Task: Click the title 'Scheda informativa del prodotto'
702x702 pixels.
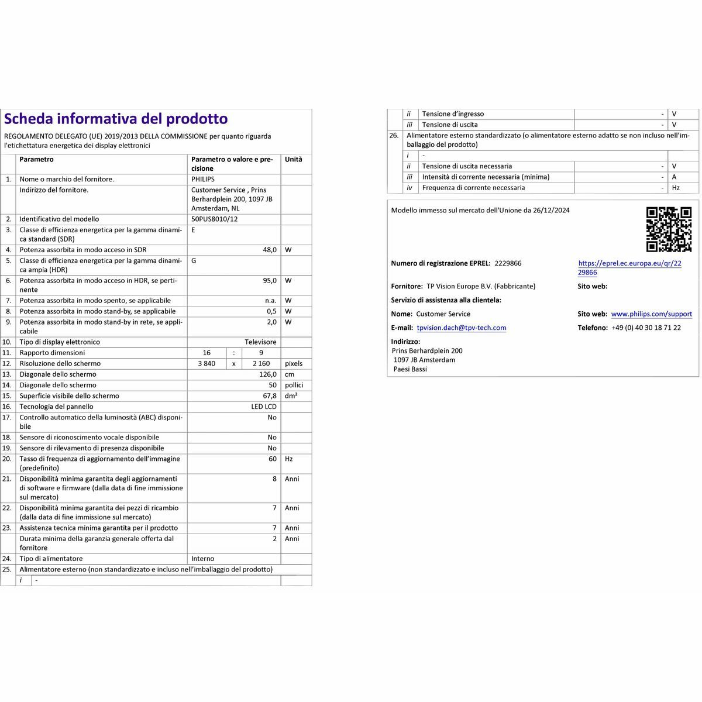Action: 116,119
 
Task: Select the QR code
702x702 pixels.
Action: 669,229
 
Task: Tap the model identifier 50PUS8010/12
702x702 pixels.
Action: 214,219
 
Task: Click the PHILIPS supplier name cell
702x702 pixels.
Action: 203,180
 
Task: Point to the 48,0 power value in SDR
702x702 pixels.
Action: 269,250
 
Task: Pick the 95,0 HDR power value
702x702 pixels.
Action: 269,281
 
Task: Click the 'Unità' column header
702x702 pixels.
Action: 294,160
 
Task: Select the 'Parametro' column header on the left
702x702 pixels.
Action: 36,160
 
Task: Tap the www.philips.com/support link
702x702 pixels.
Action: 651,314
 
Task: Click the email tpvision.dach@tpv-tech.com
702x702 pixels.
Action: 462,328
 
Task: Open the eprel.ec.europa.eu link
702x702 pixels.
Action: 629,268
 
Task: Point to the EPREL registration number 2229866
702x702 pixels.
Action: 508,263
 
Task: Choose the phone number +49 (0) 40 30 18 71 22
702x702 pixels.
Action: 646,328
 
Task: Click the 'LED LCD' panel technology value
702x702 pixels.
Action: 264,407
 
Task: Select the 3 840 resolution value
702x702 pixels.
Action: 207,364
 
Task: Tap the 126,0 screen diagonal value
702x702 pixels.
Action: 267,374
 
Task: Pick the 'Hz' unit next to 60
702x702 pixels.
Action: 289,459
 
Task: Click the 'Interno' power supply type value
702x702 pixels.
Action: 203,559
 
